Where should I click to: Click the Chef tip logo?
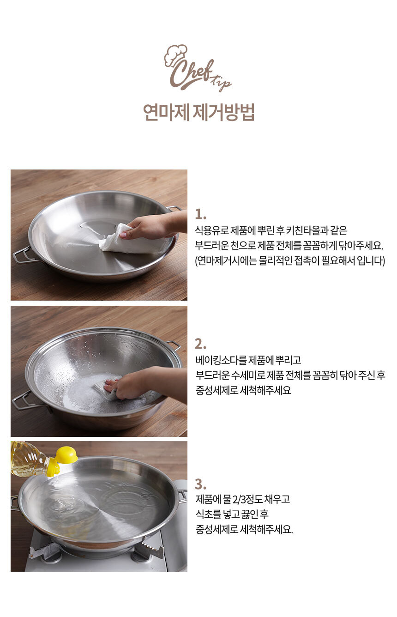[198, 68]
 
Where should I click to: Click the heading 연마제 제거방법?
[199, 112]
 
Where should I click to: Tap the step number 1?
[200, 214]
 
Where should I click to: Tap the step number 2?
[200, 344]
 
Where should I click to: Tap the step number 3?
[200, 484]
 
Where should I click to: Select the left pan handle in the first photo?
[23, 255]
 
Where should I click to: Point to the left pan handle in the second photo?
[25, 400]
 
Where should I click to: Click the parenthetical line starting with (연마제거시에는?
[290, 260]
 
